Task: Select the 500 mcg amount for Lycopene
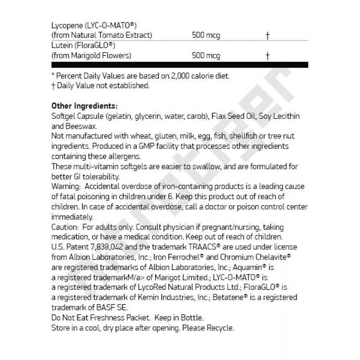206,36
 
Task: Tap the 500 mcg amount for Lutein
206,56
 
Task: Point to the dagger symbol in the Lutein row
267,56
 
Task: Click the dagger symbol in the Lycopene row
267,36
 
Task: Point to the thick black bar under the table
180,65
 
